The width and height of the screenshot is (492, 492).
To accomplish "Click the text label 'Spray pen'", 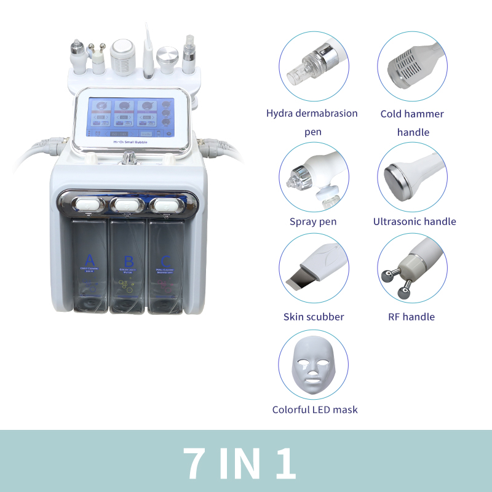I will pos(313,221).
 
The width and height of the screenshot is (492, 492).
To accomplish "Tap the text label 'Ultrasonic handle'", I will pos(415,221).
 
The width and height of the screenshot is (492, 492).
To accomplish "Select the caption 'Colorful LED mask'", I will pos(315,410).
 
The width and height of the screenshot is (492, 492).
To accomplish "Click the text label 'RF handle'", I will pos(411,317).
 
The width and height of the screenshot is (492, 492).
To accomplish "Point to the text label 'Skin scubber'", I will pos(314,317).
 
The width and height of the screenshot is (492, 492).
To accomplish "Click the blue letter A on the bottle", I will pos(90,259).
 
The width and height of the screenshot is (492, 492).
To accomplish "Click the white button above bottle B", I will pos(127,204).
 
